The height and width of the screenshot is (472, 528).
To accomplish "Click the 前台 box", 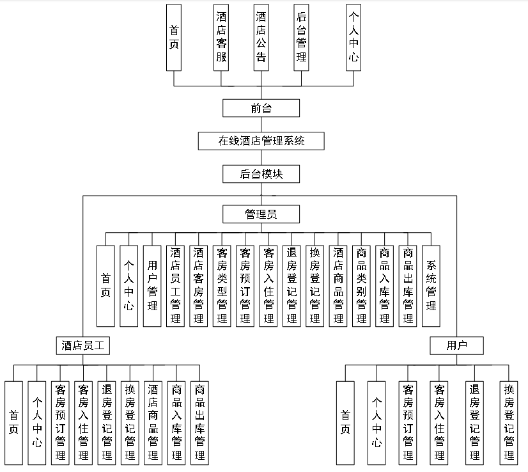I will coord(261,108).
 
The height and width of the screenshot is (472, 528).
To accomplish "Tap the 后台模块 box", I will coord(261,174).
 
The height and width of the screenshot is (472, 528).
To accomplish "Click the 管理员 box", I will coord(261,214).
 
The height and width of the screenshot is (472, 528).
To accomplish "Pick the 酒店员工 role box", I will coord(82,346).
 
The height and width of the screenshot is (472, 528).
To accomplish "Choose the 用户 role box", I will coord(456,346).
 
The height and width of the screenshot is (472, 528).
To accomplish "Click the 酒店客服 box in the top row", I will coord(221,38).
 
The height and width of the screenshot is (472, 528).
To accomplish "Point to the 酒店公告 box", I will coord(261,38).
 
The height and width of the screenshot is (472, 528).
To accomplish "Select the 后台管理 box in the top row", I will coord(301,38).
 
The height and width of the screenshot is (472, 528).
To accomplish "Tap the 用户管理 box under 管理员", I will coord(152,286).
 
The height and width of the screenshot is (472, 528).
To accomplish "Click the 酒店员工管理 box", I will coord(175,286).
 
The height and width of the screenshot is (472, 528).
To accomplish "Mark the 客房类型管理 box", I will coord(222,286).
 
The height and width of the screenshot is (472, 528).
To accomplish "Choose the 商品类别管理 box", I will coord(362,286).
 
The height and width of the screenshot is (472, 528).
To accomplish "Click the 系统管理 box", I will coord(431,286).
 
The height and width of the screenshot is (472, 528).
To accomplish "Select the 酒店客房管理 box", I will coord(198,286).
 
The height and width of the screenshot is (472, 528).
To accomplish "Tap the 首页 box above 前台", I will coord(175,38).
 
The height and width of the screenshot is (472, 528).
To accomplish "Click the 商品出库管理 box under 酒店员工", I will coord(199,422).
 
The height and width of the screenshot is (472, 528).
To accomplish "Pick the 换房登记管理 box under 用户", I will coord(509,422).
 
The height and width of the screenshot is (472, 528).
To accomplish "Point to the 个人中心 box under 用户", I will coord(377,422).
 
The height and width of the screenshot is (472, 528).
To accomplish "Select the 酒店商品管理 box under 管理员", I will coord(338,286).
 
